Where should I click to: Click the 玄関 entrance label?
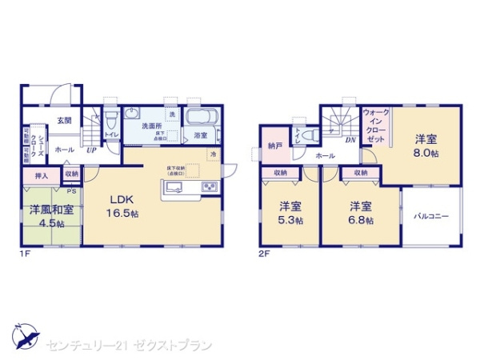click(64, 122)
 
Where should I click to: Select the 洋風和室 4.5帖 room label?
click(47, 215)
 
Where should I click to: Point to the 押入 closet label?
click(42, 174)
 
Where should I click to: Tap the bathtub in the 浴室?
click(201, 118)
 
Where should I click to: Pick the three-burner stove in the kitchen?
click(210, 187)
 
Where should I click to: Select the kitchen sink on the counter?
click(175, 188)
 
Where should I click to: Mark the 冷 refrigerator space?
click(213, 154)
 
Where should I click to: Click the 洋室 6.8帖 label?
click(359, 212)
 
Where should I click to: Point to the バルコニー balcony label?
click(432, 216)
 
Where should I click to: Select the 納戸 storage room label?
click(275, 146)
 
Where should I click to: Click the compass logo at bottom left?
click(24, 334)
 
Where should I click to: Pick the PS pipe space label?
click(72, 190)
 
